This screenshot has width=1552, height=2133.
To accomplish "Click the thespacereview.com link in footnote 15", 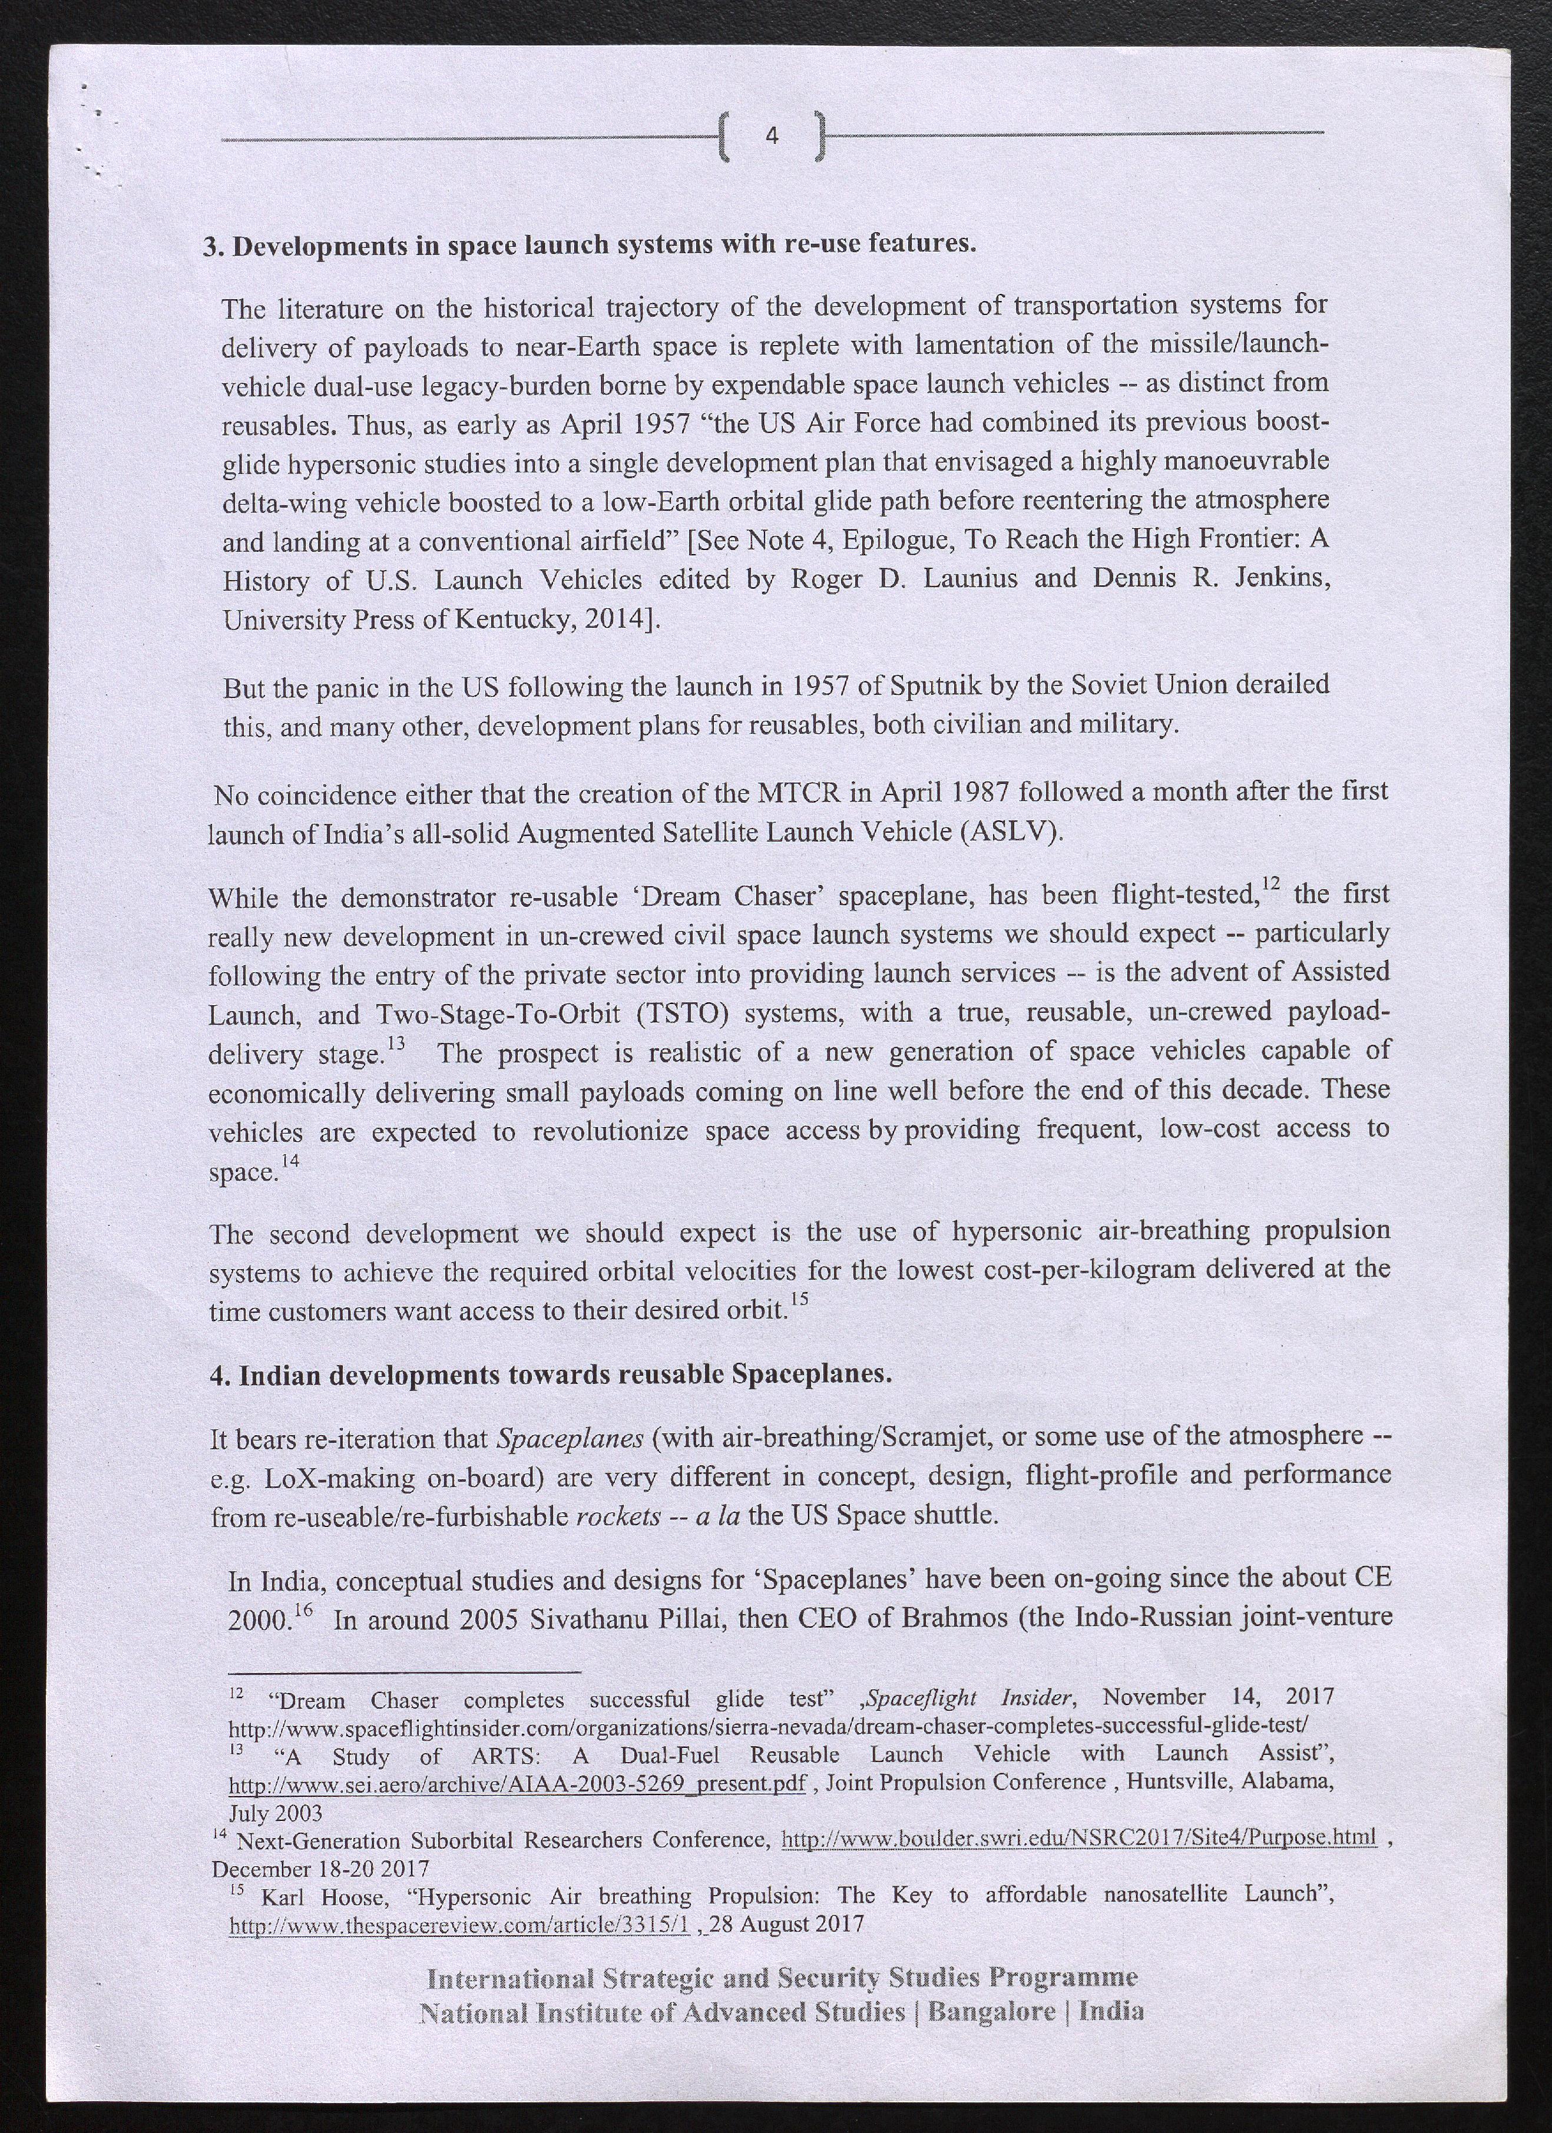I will [x=461, y=1924].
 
